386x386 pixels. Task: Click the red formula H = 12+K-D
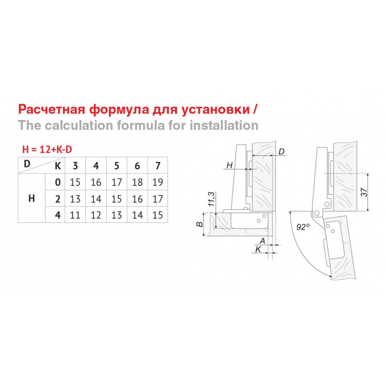point(47,150)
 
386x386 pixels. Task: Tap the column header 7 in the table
point(158,165)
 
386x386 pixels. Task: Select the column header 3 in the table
point(75,165)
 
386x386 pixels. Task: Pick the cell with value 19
point(158,182)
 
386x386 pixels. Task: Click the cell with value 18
point(138,182)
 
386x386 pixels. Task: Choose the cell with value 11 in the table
point(75,215)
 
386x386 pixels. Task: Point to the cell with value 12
point(96,215)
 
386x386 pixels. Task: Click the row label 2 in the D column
point(58,199)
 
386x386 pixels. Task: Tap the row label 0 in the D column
point(58,182)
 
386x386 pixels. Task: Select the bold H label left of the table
point(31,198)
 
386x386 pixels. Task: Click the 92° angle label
point(303,227)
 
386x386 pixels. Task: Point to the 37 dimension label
point(364,192)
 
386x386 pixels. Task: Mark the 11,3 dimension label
point(212,199)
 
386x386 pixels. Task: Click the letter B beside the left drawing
point(200,224)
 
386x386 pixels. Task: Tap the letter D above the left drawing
point(281,152)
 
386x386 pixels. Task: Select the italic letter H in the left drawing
point(230,165)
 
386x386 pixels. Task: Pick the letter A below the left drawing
point(262,241)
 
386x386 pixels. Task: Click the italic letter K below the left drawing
point(258,249)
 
